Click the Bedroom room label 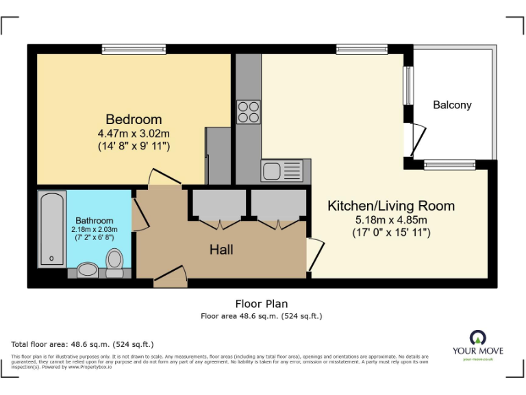tap(134, 119)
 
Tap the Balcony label tap(452, 105)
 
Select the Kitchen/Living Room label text tap(390, 206)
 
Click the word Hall tap(221, 250)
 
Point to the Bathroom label tap(95, 221)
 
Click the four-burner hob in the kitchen tap(248, 112)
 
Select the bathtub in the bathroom tap(52, 229)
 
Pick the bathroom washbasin tap(88, 270)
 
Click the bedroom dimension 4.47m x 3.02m tap(134, 133)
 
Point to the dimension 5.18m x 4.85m tap(390, 220)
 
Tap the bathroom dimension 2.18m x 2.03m tap(95, 229)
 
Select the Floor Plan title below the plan tap(261, 304)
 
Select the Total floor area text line tap(82, 344)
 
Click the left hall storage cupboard tap(218, 204)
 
